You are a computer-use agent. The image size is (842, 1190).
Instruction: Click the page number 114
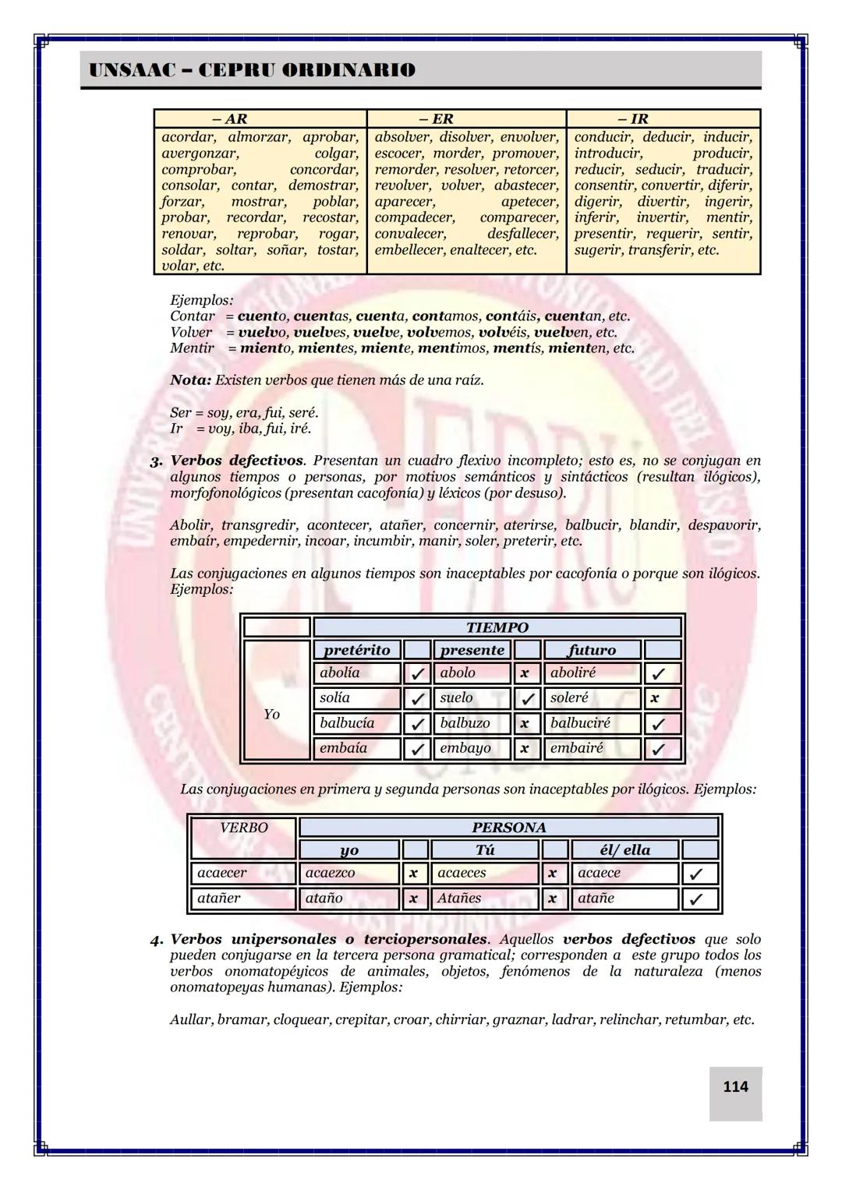click(735, 1086)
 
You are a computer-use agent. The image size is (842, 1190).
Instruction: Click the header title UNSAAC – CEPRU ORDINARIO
click(252, 70)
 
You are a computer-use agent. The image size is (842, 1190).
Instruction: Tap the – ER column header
click(436, 118)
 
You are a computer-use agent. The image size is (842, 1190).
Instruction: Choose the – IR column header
click(633, 118)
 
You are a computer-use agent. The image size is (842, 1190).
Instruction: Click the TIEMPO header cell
click(497, 627)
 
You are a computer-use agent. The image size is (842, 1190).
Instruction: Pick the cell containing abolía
click(357, 673)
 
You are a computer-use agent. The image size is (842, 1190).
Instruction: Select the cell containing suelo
click(472, 698)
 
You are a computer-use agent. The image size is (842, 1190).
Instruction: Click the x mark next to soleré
click(655, 698)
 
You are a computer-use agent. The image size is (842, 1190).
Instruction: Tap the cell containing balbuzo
click(472, 723)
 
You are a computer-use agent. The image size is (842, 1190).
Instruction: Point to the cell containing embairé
click(593, 748)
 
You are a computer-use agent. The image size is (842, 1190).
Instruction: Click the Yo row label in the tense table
click(271, 714)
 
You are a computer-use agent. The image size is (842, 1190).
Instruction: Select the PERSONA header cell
click(508, 828)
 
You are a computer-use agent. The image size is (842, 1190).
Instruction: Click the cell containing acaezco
click(348, 874)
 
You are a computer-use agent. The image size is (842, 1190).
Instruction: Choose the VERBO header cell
click(243, 828)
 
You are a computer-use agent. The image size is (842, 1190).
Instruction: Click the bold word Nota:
click(190, 380)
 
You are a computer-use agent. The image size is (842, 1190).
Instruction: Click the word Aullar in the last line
click(190, 1019)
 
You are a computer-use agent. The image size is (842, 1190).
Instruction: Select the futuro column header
click(593, 650)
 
